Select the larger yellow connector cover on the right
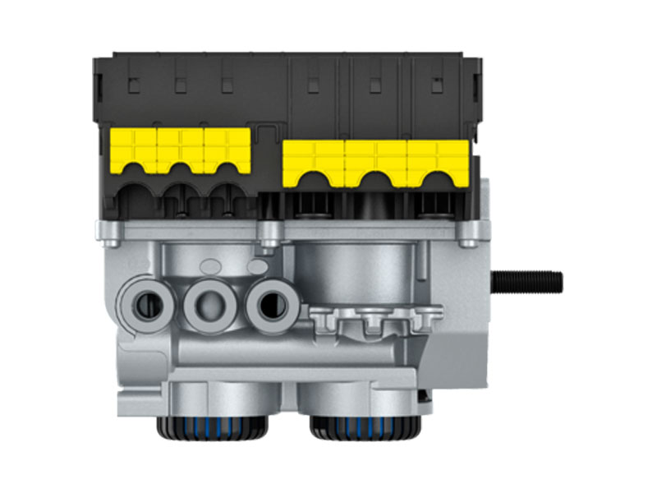(x=375, y=161)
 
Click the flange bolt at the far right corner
(x=467, y=240)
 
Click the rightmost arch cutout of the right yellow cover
(x=439, y=179)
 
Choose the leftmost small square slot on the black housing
(x=132, y=85)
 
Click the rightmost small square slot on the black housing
(x=435, y=85)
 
